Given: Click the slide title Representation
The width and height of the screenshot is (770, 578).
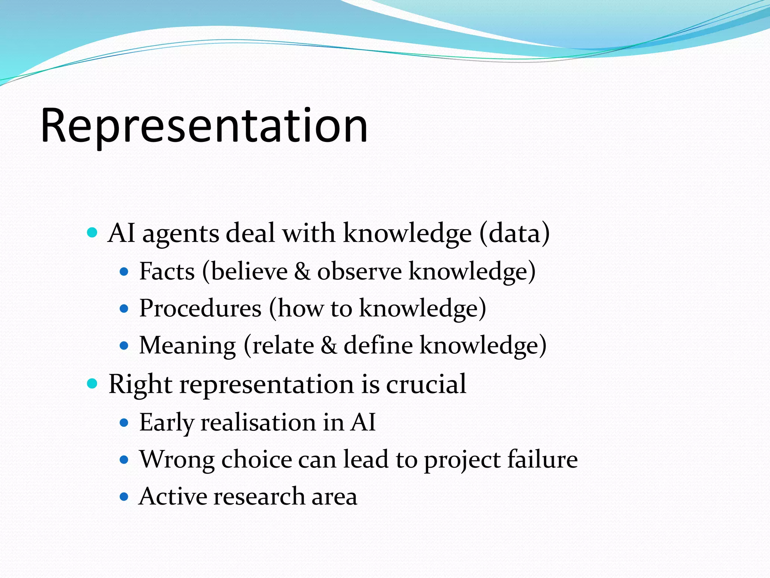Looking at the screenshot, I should [x=204, y=126].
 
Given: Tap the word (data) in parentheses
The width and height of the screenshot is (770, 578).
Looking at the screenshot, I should [x=514, y=233].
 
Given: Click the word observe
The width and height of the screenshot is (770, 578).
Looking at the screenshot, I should [x=359, y=272].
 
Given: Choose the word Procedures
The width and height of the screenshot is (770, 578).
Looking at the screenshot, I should [x=200, y=309].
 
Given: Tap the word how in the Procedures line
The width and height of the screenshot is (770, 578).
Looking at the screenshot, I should [x=301, y=309].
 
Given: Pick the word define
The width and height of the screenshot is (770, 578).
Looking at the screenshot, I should [x=378, y=345].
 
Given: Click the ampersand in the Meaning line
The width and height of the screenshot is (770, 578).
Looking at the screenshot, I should [x=329, y=345].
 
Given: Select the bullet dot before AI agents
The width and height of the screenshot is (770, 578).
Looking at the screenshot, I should [x=92, y=233].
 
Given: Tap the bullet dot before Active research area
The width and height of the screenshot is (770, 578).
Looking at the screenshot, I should [x=124, y=497].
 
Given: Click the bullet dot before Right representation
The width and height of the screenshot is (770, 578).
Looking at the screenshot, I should [x=92, y=384].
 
